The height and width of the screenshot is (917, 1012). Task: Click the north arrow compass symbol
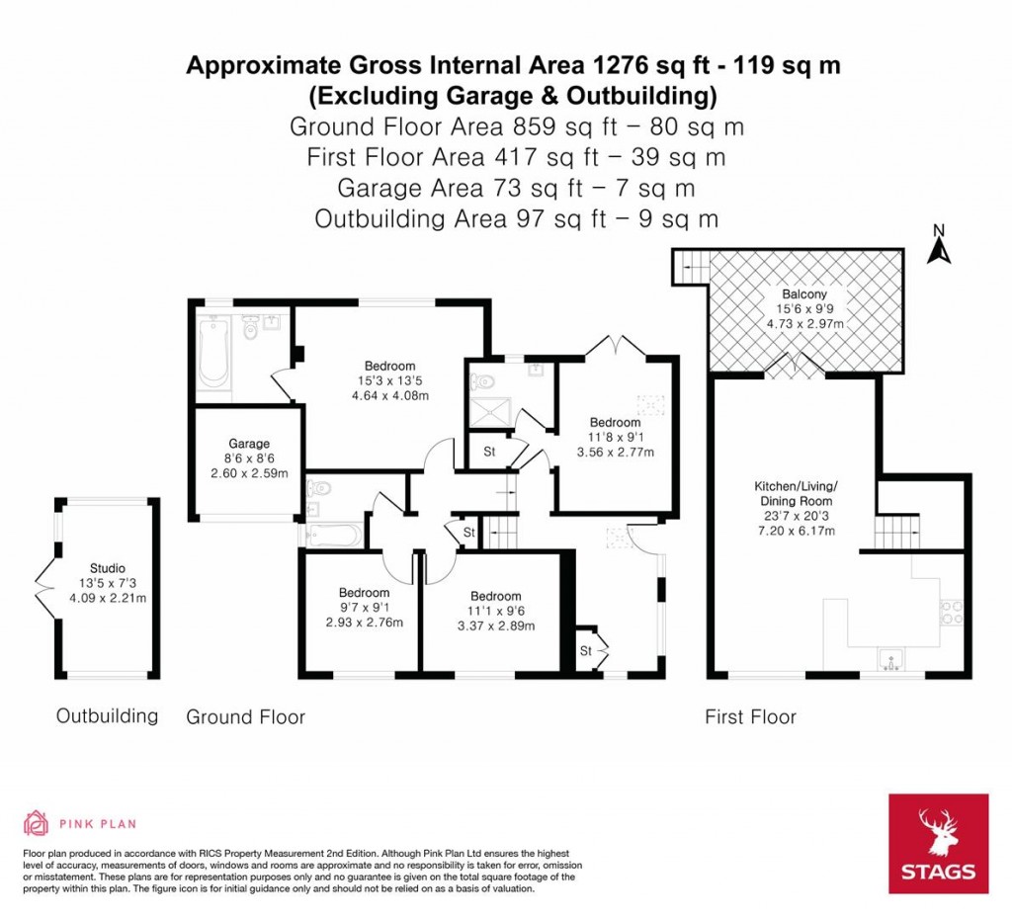[x=938, y=246]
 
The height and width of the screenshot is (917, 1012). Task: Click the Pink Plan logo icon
[x=36, y=823]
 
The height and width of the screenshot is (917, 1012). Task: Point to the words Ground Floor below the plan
[x=245, y=717]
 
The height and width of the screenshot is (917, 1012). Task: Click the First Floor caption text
[x=750, y=717]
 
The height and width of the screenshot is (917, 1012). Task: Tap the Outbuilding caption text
[x=107, y=715]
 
